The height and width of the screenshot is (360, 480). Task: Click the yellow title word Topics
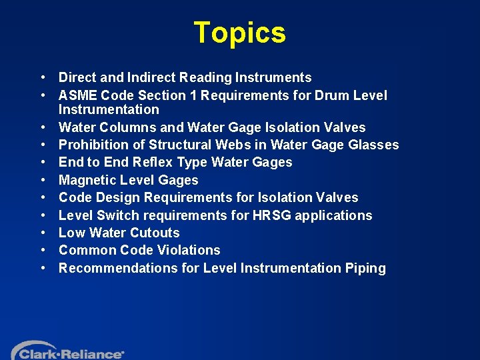(239, 33)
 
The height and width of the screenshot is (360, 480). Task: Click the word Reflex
(157, 162)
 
